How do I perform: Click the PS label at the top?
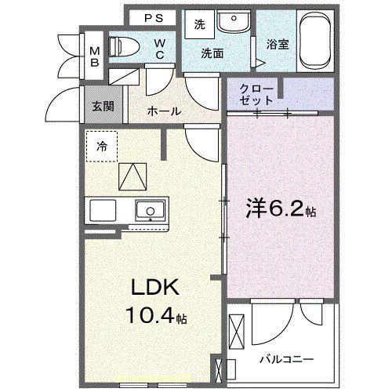click(154, 18)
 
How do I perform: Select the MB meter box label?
click(95, 56)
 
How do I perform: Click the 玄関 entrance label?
click(103, 107)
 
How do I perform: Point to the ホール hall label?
click(164, 111)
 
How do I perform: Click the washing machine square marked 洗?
click(200, 24)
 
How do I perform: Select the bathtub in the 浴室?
click(315, 41)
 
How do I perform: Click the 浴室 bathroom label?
click(278, 45)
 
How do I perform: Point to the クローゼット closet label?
click(256, 94)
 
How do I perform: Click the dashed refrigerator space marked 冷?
click(102, 147)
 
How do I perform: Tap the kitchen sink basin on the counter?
click(150, 210)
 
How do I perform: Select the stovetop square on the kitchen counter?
click(103, 211)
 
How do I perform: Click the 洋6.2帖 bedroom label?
click(281, 209)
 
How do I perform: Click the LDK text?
click(155, 287)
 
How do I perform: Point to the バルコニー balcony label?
click(286, 360)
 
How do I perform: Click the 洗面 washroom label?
click(212, 53)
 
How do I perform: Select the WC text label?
click(159, 49)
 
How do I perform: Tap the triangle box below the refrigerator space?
click(132, 176)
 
